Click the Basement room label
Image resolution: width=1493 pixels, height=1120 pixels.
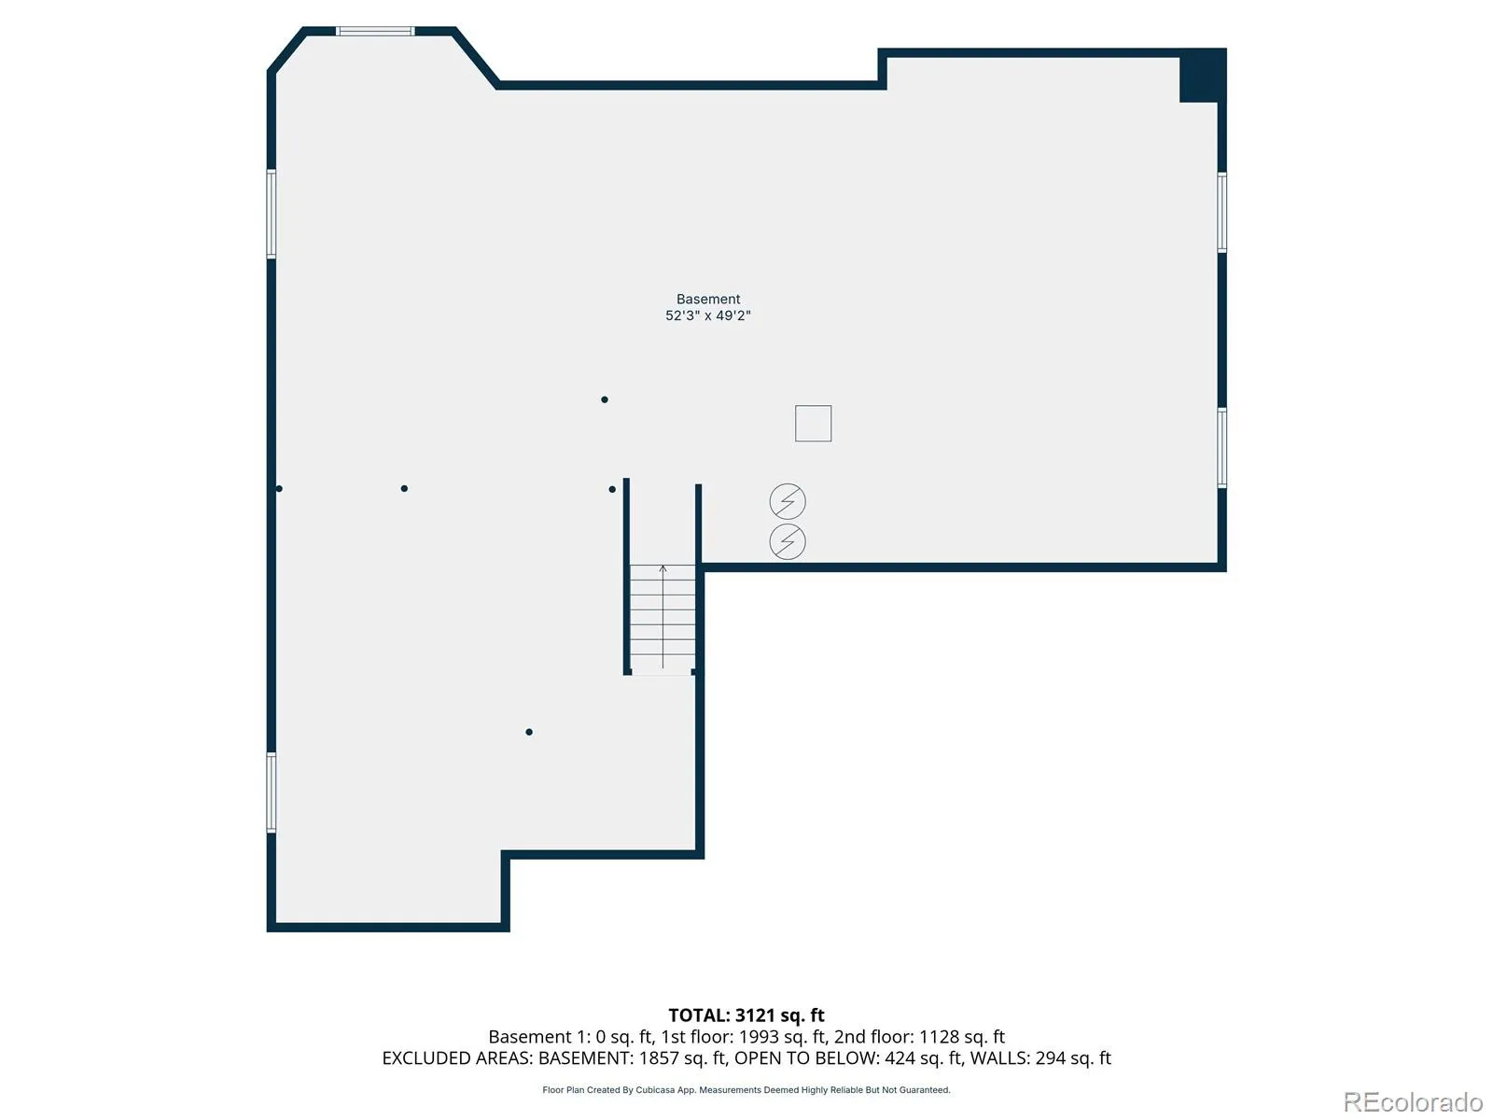(x=707, y=299)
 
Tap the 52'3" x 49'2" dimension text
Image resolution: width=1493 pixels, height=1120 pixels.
(x=707, y=315)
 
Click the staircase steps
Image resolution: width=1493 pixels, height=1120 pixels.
(x=662, y=619)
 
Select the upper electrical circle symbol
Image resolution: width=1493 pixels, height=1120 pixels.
(x=787, y=501)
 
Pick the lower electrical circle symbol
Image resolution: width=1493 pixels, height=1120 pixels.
(x=787, y=541)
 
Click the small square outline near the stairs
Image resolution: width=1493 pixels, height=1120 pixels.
(x=813, y=423)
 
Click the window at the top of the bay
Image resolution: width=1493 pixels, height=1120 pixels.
(x=375, y=32)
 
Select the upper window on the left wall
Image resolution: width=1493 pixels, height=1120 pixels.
(x=272, y=214)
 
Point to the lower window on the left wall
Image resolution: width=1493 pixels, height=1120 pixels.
(x=272, y=792)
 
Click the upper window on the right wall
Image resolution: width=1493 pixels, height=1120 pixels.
(x=1221, y=212)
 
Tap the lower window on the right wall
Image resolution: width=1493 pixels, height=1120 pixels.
(x=1221, y=447)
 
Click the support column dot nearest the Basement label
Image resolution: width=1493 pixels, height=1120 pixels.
(x=604, y=399)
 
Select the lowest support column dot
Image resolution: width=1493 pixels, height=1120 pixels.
(x=528, y=732)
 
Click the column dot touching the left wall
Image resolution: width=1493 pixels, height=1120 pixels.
(x=279, y=488)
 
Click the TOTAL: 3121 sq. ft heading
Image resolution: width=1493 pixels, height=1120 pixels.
(x=746, y=1015)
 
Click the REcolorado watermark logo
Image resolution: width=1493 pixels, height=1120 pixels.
(x=1412, y=1101)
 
